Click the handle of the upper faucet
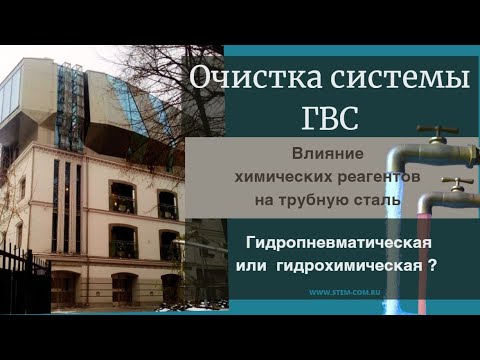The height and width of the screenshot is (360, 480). [x=437, y=130]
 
